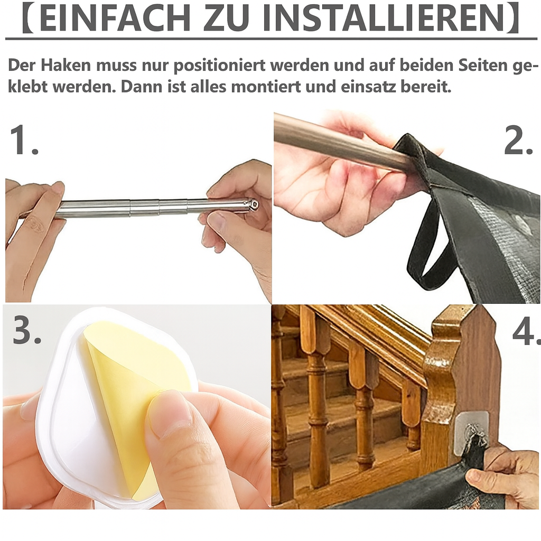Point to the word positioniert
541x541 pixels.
point(219,66)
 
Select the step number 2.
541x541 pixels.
point(518,139)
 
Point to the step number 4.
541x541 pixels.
point(526,332)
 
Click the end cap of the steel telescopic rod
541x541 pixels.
point(253,204)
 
